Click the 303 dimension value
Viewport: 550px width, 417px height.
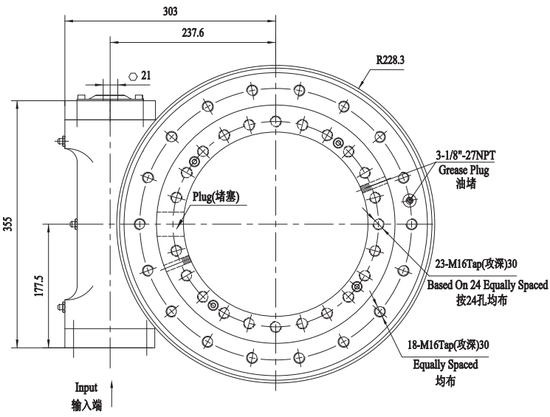171,11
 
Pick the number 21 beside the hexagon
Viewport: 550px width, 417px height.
146,75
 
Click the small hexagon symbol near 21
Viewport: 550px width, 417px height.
132,75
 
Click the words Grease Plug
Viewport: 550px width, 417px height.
465,170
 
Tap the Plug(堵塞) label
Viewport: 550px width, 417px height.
214,198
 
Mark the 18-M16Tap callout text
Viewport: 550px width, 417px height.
455,345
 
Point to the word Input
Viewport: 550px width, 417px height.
86,387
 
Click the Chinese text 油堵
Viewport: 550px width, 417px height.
465,184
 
